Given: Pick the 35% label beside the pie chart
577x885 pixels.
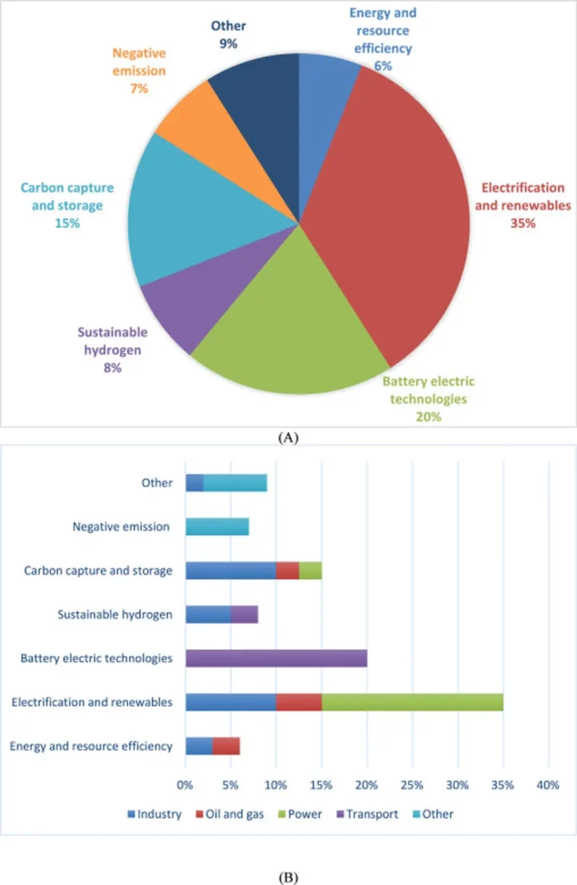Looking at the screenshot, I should [522, 222].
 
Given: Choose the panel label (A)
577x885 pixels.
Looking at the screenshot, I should [288, 438].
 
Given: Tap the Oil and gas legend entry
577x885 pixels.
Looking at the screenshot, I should [226, 813].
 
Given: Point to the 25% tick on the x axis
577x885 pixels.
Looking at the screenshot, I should [413, 786].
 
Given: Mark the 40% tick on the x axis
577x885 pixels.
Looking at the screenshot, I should [548, 786].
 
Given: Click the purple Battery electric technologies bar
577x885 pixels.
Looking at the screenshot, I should [276, 659].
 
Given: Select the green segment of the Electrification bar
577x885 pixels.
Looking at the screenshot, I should [413, 702].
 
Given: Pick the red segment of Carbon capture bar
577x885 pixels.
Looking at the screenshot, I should [287, 570].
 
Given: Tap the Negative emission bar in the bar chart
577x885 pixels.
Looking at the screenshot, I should [217, 526].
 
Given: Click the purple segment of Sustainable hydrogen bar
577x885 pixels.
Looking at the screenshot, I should [244, 614].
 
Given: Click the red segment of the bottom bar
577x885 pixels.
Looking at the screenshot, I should [226, 746].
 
